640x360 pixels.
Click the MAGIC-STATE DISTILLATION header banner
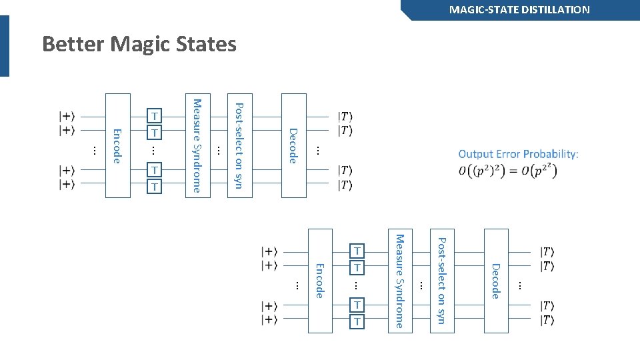[519, 10]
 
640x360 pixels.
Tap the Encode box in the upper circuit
[117, 145]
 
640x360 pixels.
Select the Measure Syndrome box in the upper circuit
[197, 145]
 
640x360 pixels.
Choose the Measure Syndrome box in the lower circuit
[399, 281]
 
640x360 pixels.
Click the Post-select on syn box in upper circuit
[239, 145]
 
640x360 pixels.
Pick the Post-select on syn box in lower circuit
[441, 281]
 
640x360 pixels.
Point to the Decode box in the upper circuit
[293, 145]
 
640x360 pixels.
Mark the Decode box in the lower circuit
[495, 281]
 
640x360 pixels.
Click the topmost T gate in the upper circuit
[155, 117]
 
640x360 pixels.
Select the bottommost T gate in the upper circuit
[155, 187]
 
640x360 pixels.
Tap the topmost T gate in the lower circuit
[357, 251]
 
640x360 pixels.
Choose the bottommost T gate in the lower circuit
[357, 322]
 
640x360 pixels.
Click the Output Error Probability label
[518, 154]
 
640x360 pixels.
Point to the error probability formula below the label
[508, 170]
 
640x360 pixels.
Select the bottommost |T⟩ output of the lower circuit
[547, 321]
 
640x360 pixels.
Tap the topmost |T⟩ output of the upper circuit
[345, 117]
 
